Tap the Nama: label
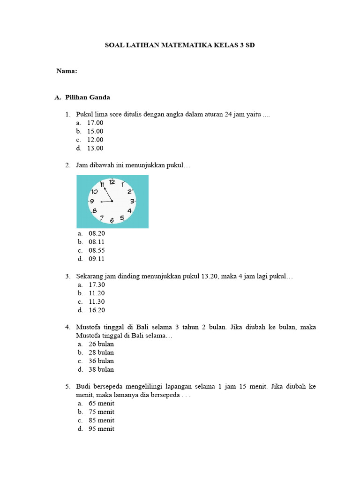pos(67,71)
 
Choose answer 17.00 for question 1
pos(95,123)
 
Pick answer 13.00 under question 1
pos(95,148)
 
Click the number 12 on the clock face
pos(112,182)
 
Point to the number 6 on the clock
pos(112,220)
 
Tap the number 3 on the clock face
pos(132,201)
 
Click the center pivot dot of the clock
pos(112,201)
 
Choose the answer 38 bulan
pos(101,369)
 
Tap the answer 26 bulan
pos(101,344)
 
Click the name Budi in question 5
pos(83,386)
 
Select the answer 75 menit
pos(101,412)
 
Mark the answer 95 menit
pos(101,429)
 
